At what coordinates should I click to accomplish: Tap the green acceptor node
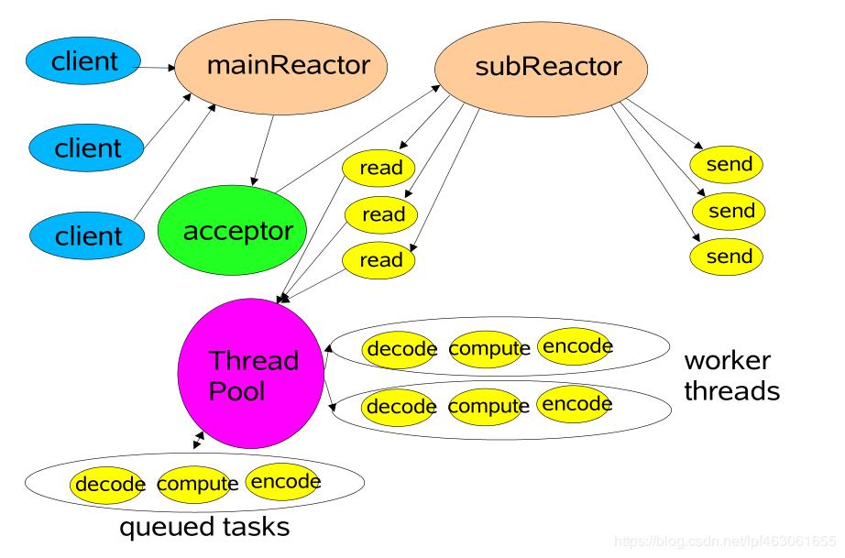tap(231, 231)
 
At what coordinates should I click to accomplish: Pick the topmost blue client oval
tap(85, 62)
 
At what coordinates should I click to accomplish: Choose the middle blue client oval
tap(87, 148)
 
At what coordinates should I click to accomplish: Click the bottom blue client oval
tap(87, 235)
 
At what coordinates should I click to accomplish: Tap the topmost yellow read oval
tap(379, 168)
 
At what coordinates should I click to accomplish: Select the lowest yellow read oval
tap(379, 259)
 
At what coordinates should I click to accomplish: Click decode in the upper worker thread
tap(399, 349)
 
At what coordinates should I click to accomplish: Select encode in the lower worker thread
tap(575, 404)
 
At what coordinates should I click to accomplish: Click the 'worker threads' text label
tap(731, 375)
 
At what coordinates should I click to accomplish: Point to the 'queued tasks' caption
tap(204, 527)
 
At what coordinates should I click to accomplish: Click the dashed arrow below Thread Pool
tap(198, 442)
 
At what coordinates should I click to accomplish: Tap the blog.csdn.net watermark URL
tap(724, 541)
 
